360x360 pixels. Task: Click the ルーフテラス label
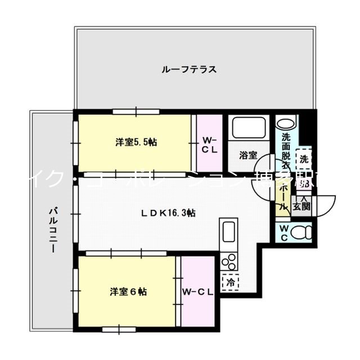[x=188, y=70]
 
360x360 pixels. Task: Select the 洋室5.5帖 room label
[x=136, y=142]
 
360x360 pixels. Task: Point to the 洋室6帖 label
[x=128, y=292]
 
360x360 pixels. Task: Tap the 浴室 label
[x=248, y=155]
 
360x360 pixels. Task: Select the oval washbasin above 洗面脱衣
[x=285, y=123]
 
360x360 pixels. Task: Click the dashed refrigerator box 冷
[x=231, y=281]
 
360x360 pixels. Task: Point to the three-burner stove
[x=229, y=262]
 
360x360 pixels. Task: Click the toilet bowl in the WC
[x=303, y=232]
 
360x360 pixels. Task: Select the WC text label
[x=283, y=232]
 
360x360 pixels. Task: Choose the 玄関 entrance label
[x=301, y=206]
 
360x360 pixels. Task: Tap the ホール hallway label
[x=283, y=197]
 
